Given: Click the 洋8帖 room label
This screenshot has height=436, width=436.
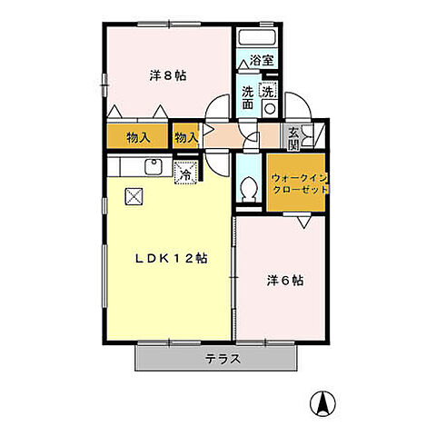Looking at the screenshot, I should pos(168,75).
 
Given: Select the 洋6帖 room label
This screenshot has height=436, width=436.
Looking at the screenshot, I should pos(285,280).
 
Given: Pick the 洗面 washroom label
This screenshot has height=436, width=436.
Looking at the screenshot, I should pos(248,97).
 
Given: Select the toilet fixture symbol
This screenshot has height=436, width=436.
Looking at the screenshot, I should pos(250,187).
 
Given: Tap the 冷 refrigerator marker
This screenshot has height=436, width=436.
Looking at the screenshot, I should pos(186,174).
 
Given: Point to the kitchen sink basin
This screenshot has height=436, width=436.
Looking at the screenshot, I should pos(153,168).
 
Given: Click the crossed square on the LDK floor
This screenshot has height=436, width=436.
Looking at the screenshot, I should pos(134,194).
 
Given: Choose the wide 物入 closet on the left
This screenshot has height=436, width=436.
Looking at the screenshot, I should pos(138,138).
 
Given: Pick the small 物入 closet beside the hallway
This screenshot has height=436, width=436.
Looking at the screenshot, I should pos(186,138).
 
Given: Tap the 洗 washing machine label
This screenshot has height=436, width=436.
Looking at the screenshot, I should pos(268,91).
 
